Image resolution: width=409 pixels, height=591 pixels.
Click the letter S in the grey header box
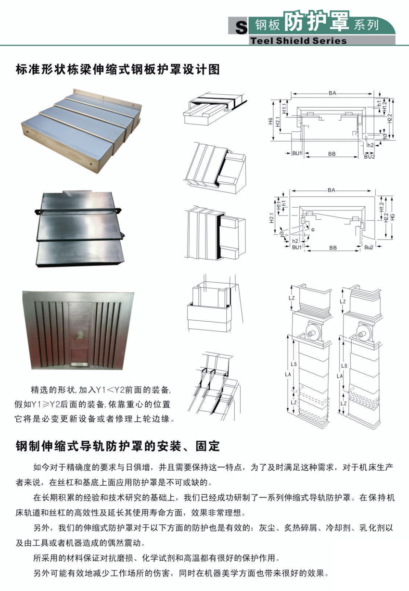pos(241,27)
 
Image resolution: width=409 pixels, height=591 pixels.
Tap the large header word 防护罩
pos(317,21)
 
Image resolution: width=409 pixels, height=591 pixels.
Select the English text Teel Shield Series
pos(298,40)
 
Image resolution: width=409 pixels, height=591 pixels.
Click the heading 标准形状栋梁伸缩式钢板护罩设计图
pos(117,70)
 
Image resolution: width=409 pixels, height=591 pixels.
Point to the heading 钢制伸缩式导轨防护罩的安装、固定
pos(117,446)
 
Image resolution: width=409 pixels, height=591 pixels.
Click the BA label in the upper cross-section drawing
pos(332,93)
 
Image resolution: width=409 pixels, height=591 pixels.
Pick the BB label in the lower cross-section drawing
pos(333,248)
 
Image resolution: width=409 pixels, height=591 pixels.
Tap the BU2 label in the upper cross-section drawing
pos(370,156)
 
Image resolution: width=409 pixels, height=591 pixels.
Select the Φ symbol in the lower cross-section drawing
pos(313,230)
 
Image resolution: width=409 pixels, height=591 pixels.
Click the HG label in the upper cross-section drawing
pos(270,121)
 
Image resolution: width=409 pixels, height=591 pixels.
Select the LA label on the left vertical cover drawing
pos(288,374)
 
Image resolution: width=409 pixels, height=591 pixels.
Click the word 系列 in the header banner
pos(366,25)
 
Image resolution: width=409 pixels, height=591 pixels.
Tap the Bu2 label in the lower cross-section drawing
pos(369,247)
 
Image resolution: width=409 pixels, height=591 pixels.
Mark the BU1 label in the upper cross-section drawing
pos(297,153)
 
